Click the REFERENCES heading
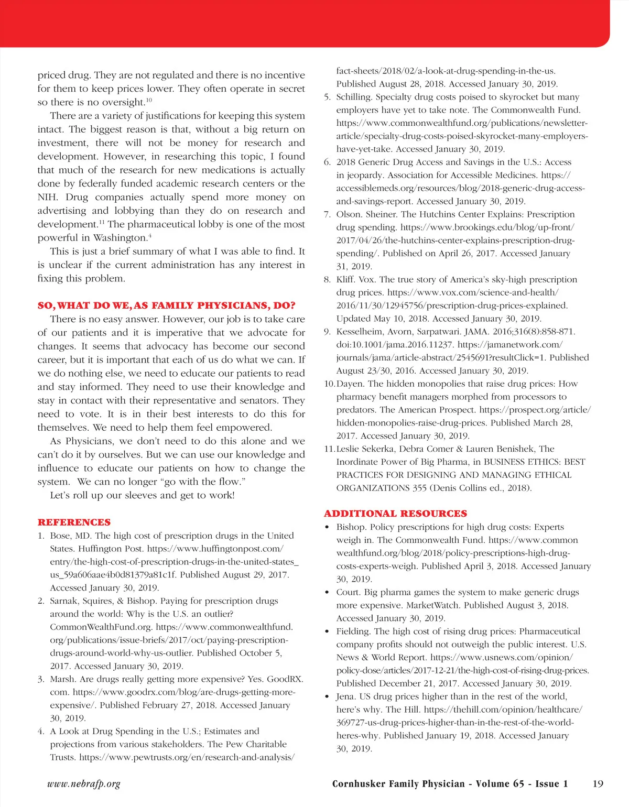[x=74, y=522]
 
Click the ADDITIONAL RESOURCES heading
[x=395, y=514]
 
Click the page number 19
[x=598, y=784]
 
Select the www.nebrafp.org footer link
[x=84, y=784]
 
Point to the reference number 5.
[x=327, y=97]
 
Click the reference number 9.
[x=327, y=332]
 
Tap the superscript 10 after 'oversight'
[x=149, y=100]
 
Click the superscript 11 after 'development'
[x=102, y=222]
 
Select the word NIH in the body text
[x=47, y=197]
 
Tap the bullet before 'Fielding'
[x=327, y=631]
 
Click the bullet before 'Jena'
[x=327, y=697]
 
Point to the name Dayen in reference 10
[x=350, y=384]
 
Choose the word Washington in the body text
[x=120, y=238]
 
